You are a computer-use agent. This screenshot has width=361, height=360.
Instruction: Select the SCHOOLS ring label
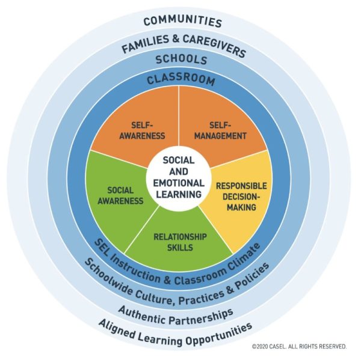181,60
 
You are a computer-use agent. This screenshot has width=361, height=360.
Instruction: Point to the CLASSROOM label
181,78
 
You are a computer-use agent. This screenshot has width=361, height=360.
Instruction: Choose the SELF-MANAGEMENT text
220,130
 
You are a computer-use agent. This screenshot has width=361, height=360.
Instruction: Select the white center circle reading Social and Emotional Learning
181,178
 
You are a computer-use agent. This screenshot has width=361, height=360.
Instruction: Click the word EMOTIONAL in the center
181,183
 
